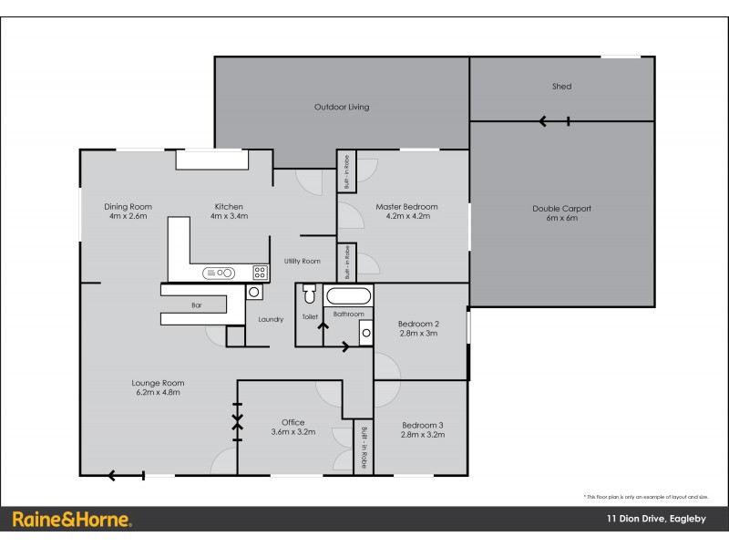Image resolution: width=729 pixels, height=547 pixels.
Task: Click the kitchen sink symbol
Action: [x=220, y=272]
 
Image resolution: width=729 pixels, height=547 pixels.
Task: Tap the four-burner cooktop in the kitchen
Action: [x=260, y=272]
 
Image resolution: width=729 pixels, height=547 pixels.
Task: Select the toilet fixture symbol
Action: [x=308, y=295]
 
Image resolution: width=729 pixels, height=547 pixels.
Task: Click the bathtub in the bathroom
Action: [x=348, y=296]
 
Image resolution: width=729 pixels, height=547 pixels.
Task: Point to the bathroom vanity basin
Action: [x=365, y=334]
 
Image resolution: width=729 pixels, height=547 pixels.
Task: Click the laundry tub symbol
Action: [x=254, y=293]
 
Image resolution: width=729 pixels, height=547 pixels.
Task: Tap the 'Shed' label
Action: [x=562, y=87]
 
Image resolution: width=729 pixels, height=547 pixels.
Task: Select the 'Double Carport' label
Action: [x=561, y=209]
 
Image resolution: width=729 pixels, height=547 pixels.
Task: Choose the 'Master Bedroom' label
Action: [x=406, y=207]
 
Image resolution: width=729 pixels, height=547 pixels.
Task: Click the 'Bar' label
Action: [x=196, y=305]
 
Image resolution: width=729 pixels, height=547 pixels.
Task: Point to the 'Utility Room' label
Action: [x=302, y=262]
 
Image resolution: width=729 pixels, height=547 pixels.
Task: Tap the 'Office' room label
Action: [x=293, y=422]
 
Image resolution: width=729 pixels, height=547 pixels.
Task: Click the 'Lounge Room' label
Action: [x=159, y=383]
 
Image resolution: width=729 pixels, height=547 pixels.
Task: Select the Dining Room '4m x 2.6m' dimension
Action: [x=128, y=216]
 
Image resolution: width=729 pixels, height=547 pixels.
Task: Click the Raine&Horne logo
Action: [x=72, y=520]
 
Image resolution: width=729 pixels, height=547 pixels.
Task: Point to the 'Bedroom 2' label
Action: [x=420, y=324]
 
